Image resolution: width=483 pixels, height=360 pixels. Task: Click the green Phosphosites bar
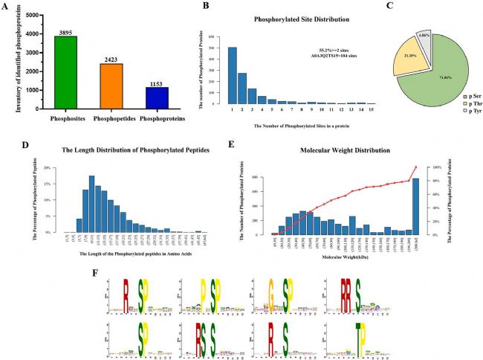click(x=71, y=72)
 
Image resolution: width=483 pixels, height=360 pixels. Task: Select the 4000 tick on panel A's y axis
click(x=37, y=33)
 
